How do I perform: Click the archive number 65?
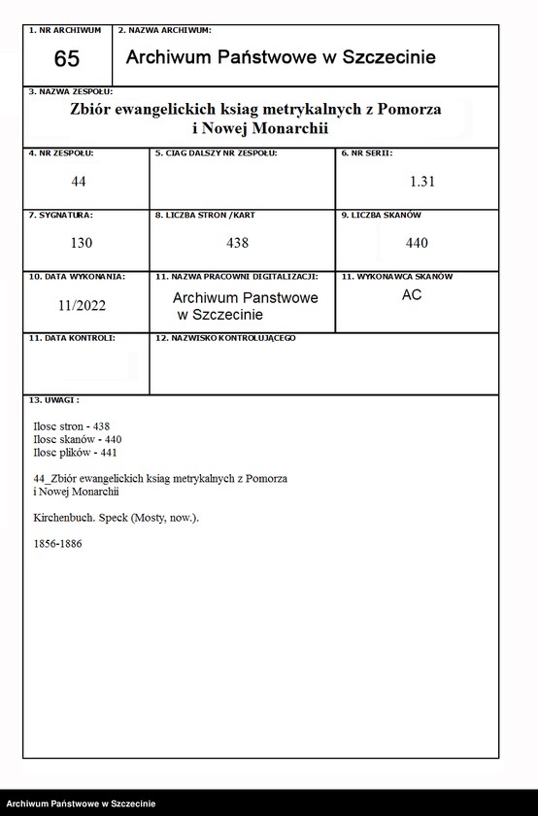[x=67, y=59]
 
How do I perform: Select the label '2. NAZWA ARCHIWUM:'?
[x=165, y=31]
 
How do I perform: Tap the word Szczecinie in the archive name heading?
[x=386, y=57]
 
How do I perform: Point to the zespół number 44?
[x=80, y=182]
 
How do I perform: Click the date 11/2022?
[x=82, y=305]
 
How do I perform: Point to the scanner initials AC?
[x=412, y=295]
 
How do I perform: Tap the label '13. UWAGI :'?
[x=54, y=399]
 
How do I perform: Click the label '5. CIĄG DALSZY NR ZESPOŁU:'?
[x=216, y=153]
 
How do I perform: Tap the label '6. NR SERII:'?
[x=367, y=153]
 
